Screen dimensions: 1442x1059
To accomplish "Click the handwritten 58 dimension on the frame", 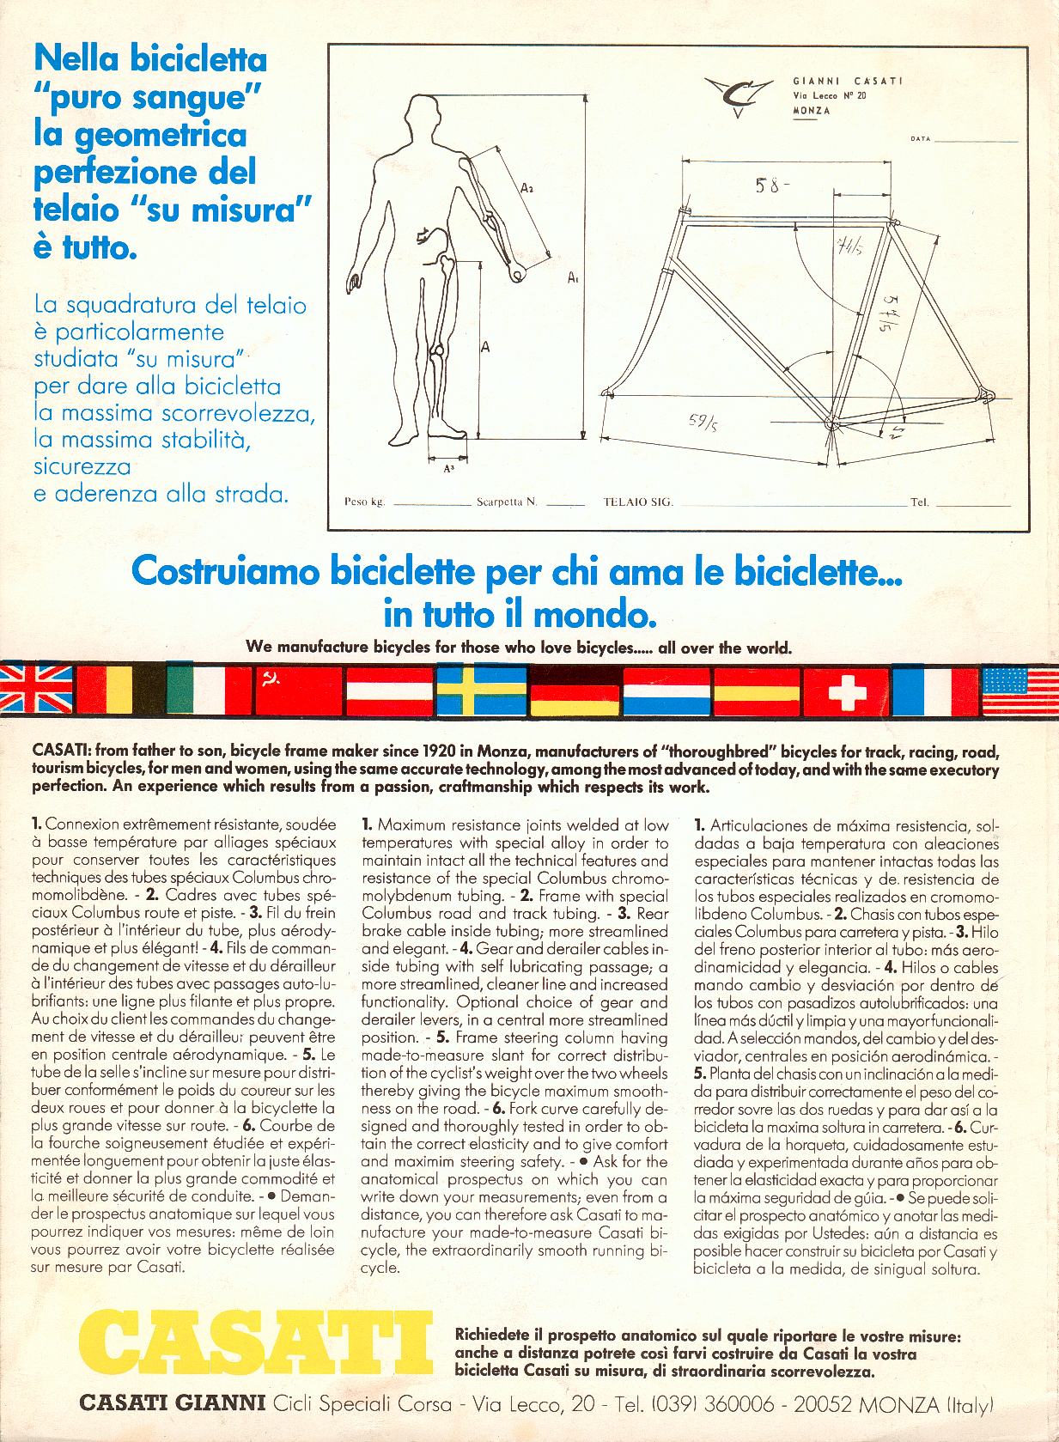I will [x=770, y=186].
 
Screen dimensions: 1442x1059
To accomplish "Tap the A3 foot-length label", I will [x=449, y=468].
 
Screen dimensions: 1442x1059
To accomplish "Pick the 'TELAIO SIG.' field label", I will [x=638, y=502].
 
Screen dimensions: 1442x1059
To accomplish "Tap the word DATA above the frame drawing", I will [x=920, y=138].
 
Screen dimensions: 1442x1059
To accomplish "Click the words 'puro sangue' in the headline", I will [x=146, y=97].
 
